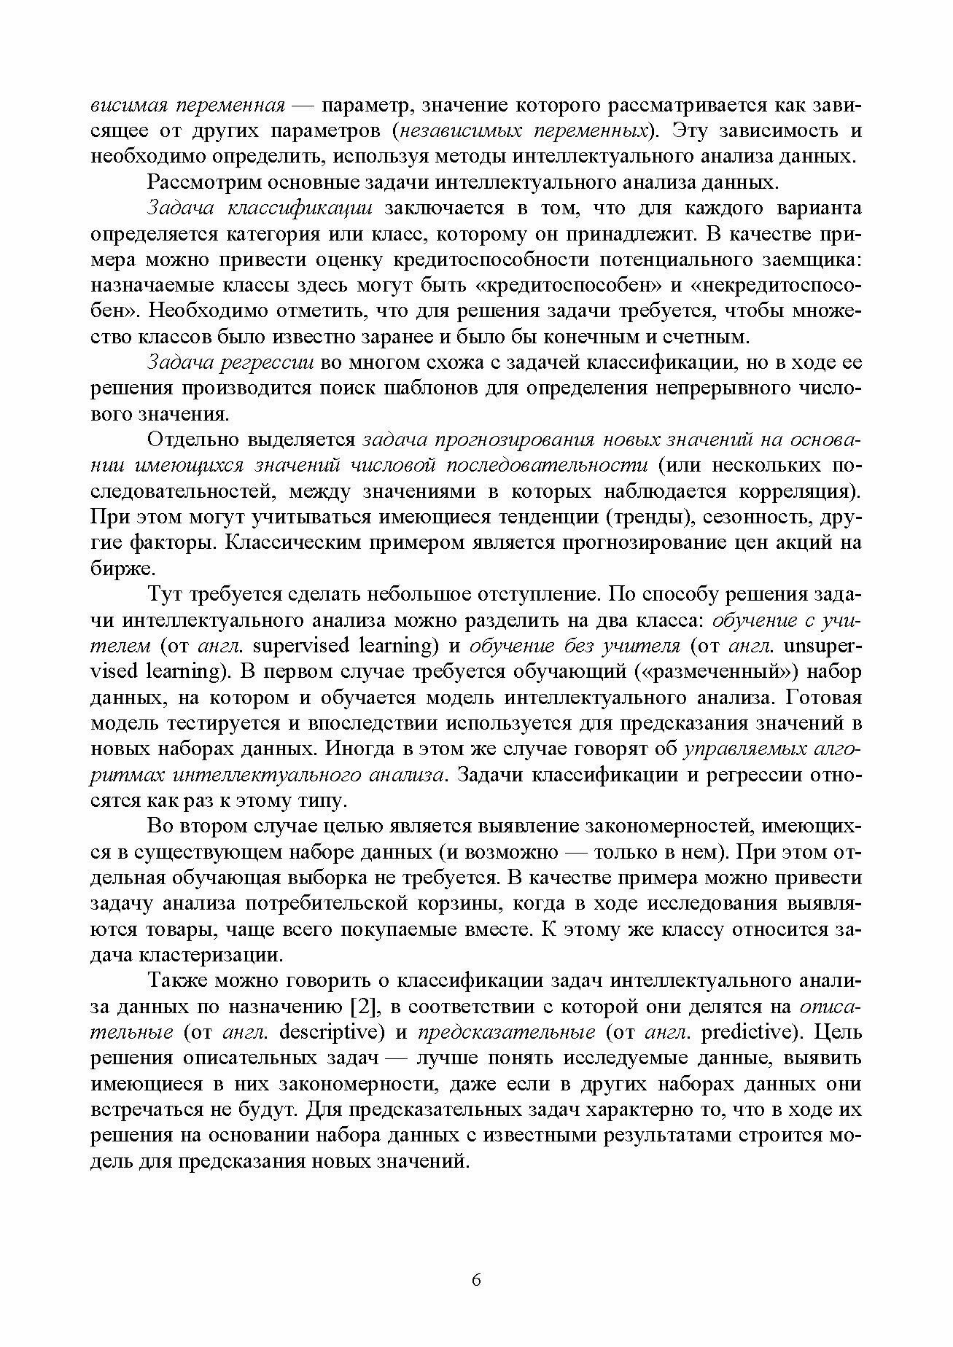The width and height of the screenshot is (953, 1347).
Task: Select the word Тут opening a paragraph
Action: tap(164, 594)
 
